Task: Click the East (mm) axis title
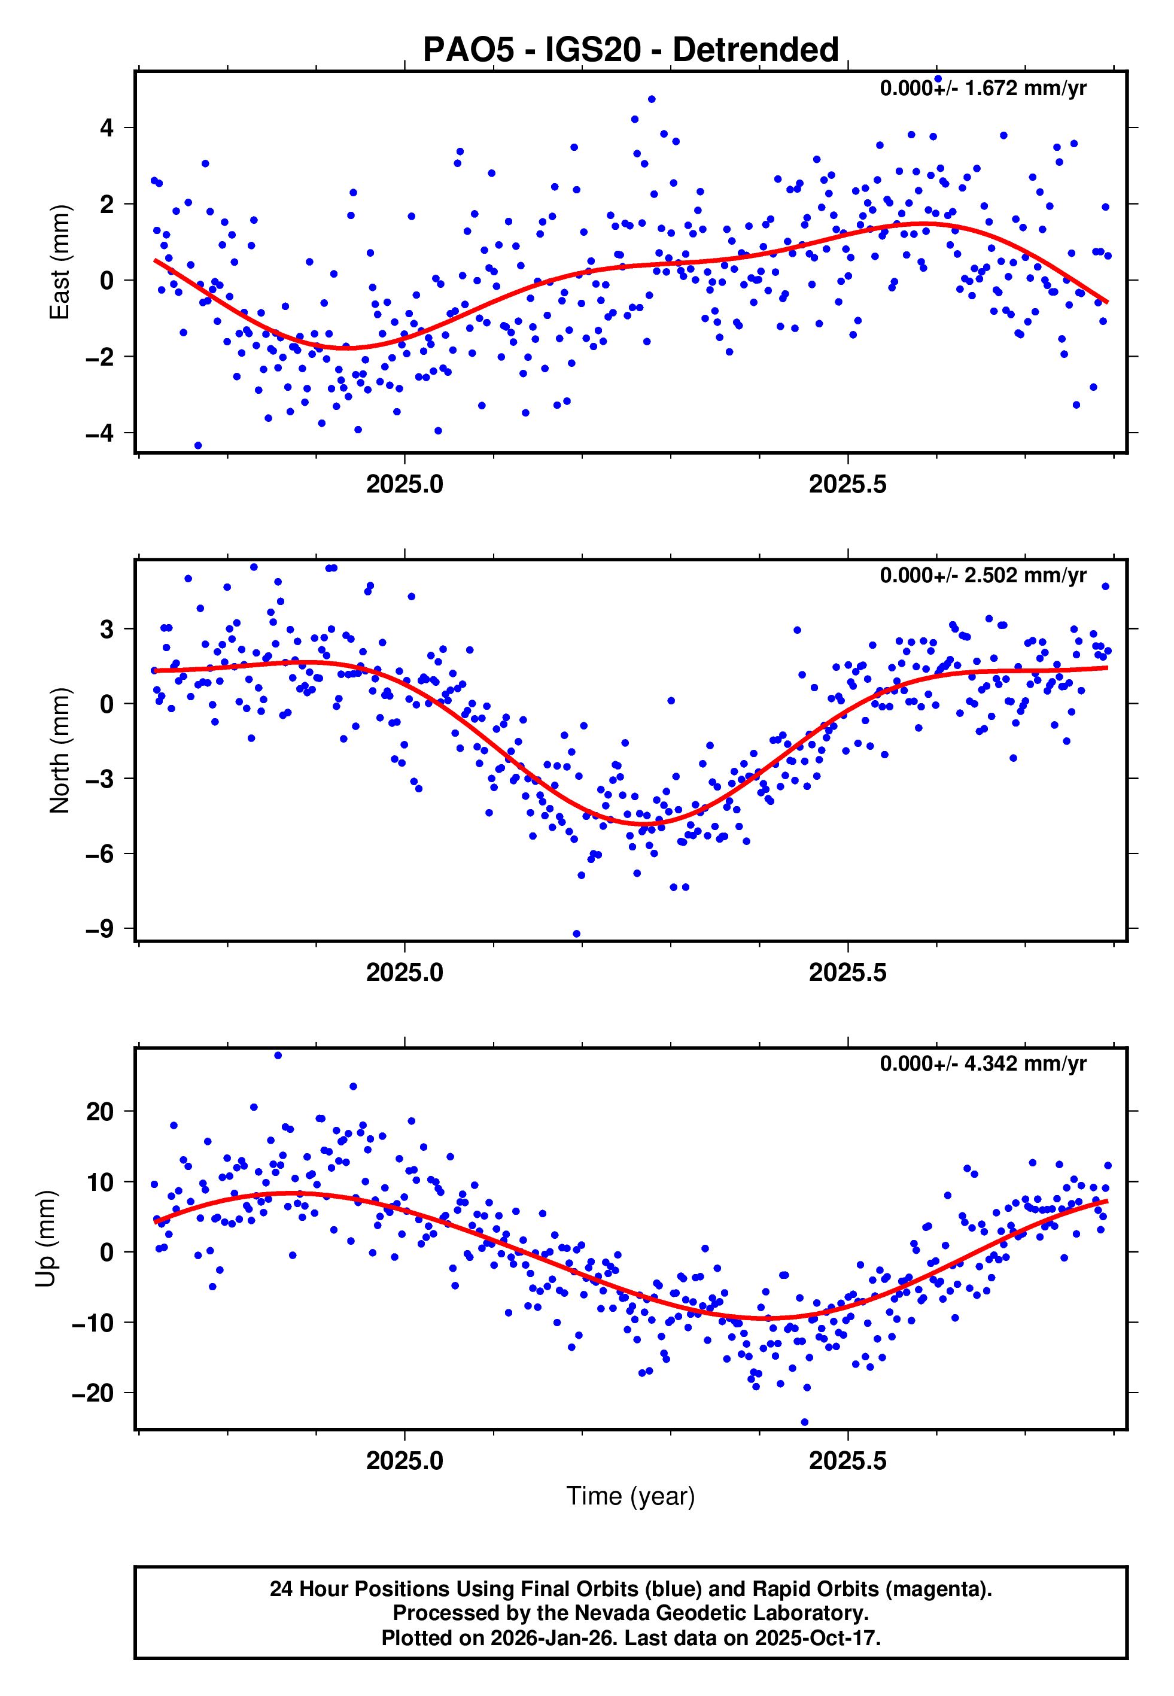coord(59,263)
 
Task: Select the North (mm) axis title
coord(59,750)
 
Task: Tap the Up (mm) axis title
coord(45,1239)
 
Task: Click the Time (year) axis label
coord(631,1496)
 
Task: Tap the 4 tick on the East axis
coord(107,128)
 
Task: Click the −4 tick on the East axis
coord(100,433)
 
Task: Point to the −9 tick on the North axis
coord(100,929)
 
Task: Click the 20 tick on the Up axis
coord(100,1111)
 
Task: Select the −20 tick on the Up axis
coord(93,1393)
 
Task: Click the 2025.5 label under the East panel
coord(847,485)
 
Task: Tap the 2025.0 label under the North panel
coord(404,973)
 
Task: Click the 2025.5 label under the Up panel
coord(847,1461)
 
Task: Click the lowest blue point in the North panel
coord(577,934)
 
